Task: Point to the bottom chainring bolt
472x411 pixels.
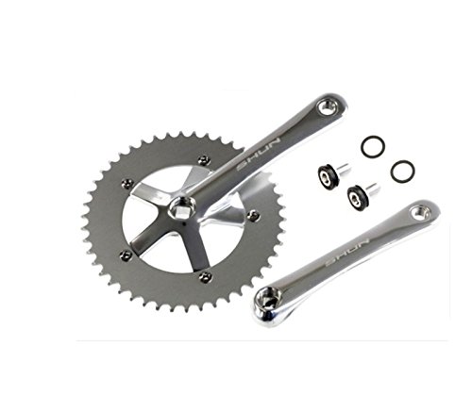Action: pyautogui.click(x=205, y=276)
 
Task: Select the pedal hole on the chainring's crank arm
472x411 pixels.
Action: pyautogui.click(x=329, y=107)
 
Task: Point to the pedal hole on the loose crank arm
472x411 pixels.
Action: pyautogui.click(x=422, y=214)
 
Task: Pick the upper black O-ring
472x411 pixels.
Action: pyautogui.click(x=372, y=147)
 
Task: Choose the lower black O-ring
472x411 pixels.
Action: pyautogui.click(x=402, y=171)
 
